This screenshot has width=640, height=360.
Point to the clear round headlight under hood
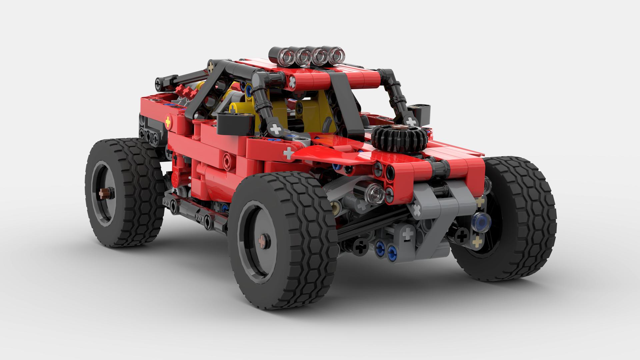pos(375,193)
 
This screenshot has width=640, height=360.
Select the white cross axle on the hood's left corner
pos(288,153)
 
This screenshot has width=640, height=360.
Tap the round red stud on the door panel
pos(227,157)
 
